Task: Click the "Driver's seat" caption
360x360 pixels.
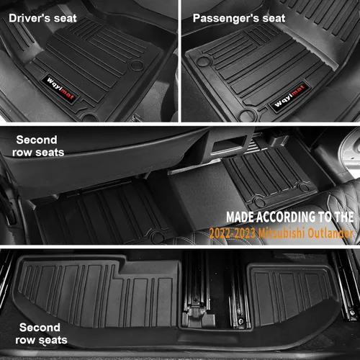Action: tap(42, 19)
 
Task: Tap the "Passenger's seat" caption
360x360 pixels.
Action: tap(239, 19)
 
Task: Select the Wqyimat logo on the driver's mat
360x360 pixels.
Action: tap(60, 89)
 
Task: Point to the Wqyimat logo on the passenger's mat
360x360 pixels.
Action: tap(289, 96)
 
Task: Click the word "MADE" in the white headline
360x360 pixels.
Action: tap(240, 217)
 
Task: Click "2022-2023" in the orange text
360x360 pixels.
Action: tap(233, 233)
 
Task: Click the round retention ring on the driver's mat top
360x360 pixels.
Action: tap(137, 65)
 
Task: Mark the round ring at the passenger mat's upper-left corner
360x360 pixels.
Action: tap(203, 60)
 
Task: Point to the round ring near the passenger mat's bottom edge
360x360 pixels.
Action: tap(248, 115)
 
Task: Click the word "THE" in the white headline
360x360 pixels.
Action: tap(344, 217)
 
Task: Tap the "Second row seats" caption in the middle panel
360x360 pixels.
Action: tap(38, 146)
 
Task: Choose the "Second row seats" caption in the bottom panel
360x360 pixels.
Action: tap(41, 333)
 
